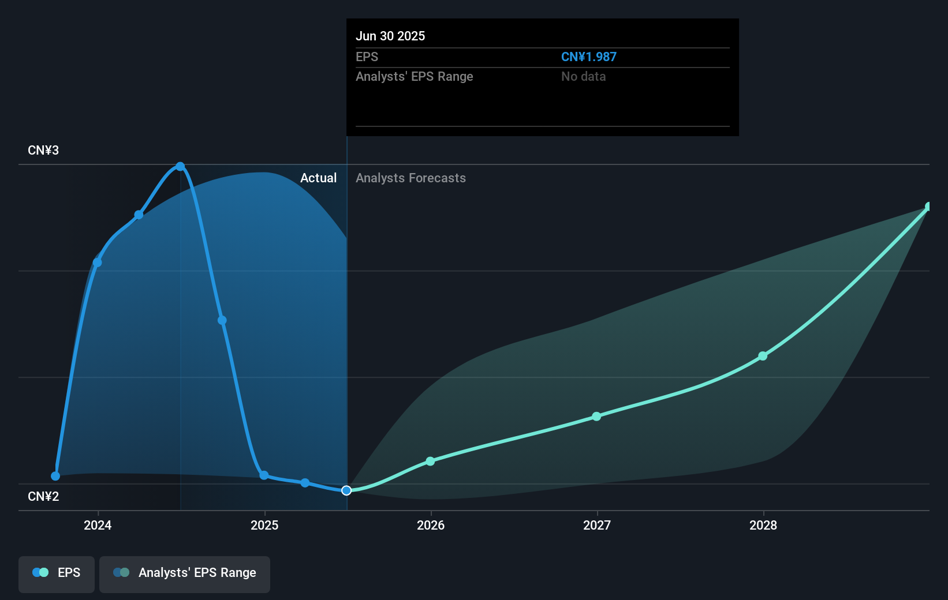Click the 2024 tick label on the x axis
pos(98,525)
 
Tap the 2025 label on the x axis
pos(264,525)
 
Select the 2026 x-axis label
pos(431,525)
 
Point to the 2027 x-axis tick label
pos(597,525)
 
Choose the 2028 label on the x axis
pos(763,525)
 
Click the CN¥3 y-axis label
pos(43,151)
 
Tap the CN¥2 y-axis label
pos(43,497)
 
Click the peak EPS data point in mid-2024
pos(180,167)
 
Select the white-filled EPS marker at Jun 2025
pos(346,490)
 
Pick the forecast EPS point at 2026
pos(430,461)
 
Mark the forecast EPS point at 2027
pos(596,417)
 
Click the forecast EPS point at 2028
pos(763,356)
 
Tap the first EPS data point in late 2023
pos(55,476)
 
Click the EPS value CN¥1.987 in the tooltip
pos(588,57)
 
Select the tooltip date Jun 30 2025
pos(390,36)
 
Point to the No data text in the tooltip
pos(583,77)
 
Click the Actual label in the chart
pos(318,178)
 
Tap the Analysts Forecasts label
pos(410,178)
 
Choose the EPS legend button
pos(57,573)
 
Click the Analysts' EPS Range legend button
pos(185,573)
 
